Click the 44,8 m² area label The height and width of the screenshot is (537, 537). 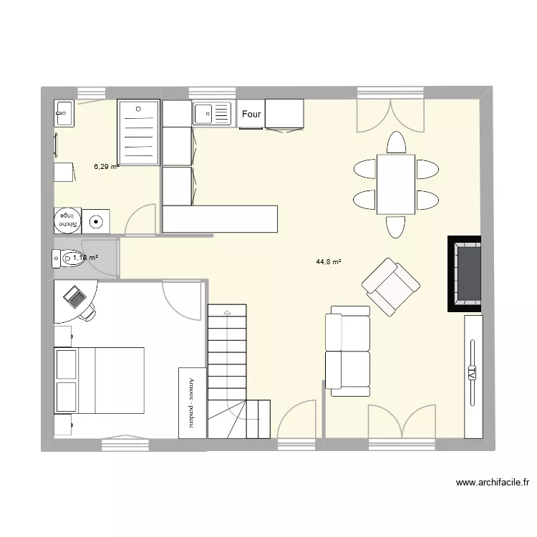329,262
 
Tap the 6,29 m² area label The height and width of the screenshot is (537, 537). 105,167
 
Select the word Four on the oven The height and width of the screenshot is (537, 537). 251,114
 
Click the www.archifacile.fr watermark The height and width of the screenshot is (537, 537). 492,483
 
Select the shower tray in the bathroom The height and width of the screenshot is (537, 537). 138,132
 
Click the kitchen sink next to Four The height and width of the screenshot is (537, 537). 213,113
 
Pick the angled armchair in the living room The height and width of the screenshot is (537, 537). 390,287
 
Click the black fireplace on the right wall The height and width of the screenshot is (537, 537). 465,273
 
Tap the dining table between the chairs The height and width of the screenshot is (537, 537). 396,184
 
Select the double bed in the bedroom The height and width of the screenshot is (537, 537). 100,381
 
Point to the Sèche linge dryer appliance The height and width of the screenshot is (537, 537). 67,220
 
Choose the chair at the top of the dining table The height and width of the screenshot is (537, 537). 396,142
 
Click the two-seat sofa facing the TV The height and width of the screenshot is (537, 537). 348,351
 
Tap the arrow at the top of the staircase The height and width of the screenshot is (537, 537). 227,313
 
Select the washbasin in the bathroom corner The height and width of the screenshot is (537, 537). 64,113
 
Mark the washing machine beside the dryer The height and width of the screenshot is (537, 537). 96,221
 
